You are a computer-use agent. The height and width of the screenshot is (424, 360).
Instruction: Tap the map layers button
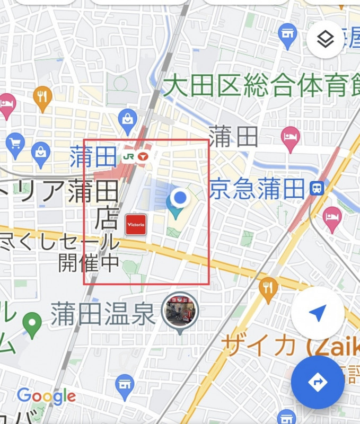point(325,39)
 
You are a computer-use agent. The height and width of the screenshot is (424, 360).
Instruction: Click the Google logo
point(46,396)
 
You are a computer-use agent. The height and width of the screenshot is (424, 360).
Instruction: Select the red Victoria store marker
point(135,225)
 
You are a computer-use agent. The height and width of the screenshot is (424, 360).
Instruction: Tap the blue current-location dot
point(181,198)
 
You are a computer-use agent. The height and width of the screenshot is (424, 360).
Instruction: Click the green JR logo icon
point(128,156)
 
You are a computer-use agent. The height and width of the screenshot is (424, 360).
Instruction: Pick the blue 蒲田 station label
point(85,157)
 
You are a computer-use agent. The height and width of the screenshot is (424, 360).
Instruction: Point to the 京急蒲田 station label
point(257,188)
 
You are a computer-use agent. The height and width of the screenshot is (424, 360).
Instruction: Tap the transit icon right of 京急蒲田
point(317,188)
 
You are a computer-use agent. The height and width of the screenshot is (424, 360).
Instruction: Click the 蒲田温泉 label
point(103,314)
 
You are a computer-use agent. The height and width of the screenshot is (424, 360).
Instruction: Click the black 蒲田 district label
point(233,136)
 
